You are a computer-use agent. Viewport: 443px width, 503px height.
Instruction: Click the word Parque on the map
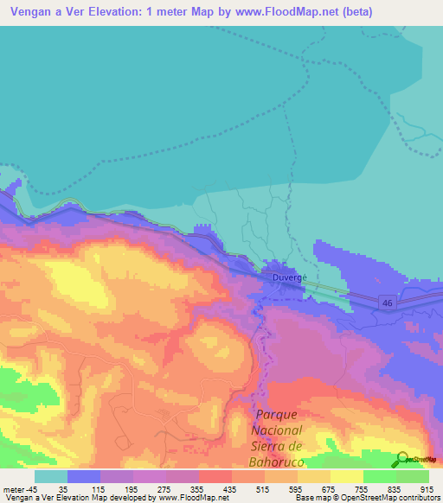[278, 415]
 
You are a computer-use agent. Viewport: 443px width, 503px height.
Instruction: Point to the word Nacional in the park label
[278, 430]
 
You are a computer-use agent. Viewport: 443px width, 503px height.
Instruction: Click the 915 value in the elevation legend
[427, 488]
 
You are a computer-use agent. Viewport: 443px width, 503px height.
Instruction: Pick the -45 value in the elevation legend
[33, 488]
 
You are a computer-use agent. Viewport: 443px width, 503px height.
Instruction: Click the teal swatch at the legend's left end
[51, 476]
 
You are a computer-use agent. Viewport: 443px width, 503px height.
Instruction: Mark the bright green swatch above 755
[380, 476]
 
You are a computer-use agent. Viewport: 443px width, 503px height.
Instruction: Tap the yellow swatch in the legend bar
[347, 476]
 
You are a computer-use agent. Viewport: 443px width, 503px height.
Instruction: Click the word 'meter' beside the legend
[14, 488]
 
